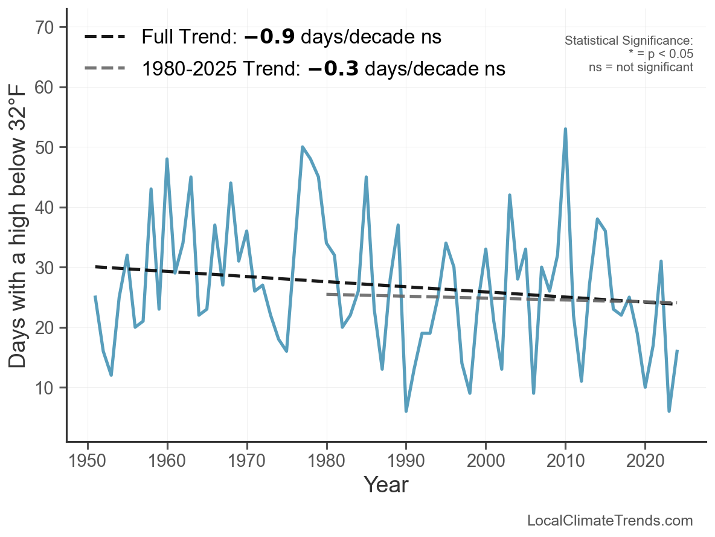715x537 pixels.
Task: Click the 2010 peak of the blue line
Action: (565, 129)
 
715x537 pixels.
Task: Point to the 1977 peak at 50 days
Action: (303, 147)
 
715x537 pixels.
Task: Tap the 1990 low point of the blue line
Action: (406, 411)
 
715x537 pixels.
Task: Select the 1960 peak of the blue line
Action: (167, 159)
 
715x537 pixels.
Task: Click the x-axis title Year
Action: (386, 484)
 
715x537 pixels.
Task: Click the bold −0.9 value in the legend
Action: (269, 37)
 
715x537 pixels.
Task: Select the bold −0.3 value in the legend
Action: (333, 69)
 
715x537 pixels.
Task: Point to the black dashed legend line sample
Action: (104, 37)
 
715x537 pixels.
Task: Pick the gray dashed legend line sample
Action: (104, 68)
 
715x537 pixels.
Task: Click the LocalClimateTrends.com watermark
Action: (610, 520)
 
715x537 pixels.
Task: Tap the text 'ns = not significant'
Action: (641, 67)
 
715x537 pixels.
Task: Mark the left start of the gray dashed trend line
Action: (327, 294)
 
